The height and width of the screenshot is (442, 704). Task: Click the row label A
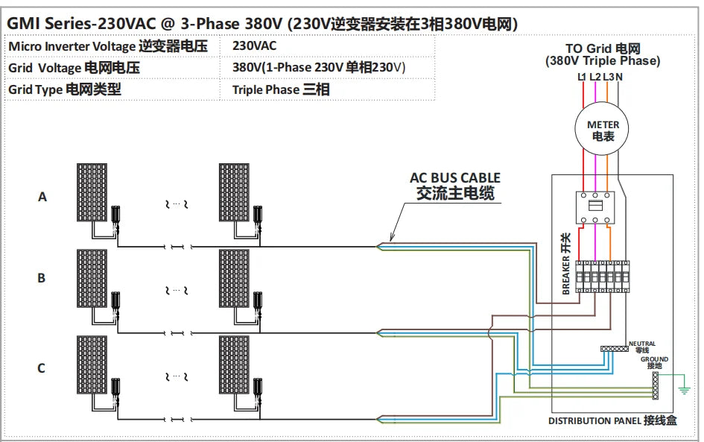tap(42, 197)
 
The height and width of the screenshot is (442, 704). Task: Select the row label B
tap(42, 278)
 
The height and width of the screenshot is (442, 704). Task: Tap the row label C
tap(42, 367)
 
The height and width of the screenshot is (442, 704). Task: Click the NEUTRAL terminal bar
tap(615, 348)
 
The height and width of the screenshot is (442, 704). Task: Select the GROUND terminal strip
tap(655, 385)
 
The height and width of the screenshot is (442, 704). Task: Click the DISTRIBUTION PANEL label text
tap(612, 420)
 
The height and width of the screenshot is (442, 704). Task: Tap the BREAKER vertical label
tap(565, 264)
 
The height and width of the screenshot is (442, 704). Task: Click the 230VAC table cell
tap(254, 45)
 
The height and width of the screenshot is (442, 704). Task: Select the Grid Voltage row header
tap(74, 68)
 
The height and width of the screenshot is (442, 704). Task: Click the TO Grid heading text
tap(602, 54)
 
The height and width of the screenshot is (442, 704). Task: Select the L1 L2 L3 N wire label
tap(600, 77)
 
